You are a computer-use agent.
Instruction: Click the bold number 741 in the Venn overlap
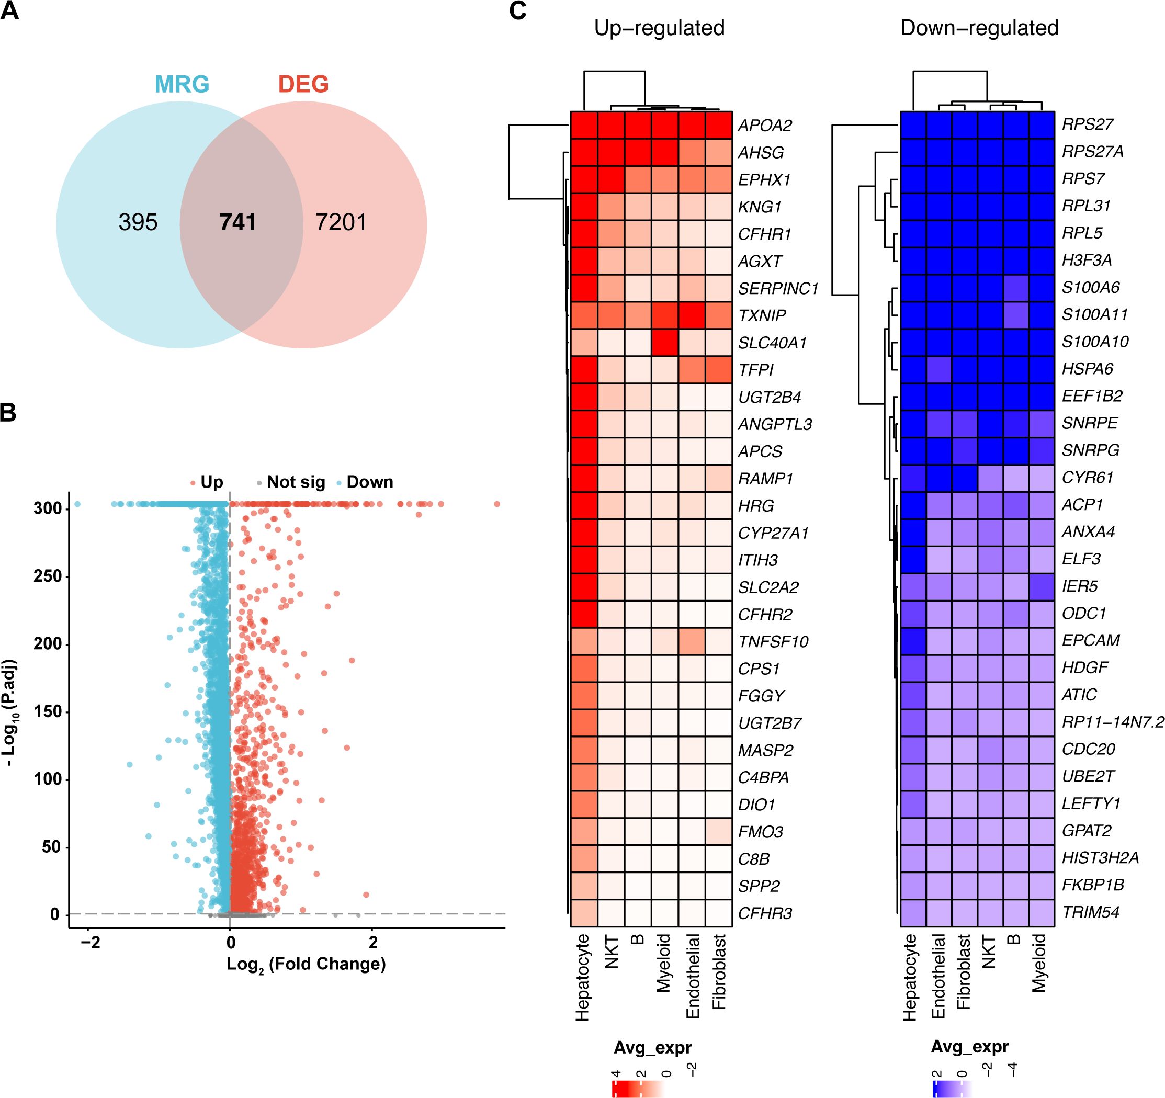pyautogui.click(x=237, y=223)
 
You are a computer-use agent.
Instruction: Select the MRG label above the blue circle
pyautogui.click(x=182, y=85)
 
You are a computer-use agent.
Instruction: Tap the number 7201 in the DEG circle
pyautogui.click(x=341, y=223)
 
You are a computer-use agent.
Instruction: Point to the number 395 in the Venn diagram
pyautogui.click(x=138, y=223)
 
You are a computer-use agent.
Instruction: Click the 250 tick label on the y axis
pyautogui.click(x=48, y=576)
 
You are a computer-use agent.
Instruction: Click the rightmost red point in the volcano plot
pyautogui.click(x=497, y=504)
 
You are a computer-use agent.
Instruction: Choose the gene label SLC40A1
pyautogui.click(x=772, y=343)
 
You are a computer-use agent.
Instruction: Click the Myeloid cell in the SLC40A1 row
pyautogui.click(x=665, y=343)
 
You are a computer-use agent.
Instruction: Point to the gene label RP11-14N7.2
pyautogui.click(x=1113, y=722)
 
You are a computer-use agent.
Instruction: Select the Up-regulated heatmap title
pyautogui.click(x=659, y=28)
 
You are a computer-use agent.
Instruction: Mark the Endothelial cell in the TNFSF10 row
pyautogui.click(x=692, y=641)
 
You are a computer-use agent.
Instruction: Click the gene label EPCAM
pyautogui.click(x=1091, y=640)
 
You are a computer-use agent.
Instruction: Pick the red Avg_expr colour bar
pyautogui.click(x=638, y=1089)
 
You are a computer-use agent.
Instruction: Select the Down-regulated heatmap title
pyautogui.click(x=979, y=28)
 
